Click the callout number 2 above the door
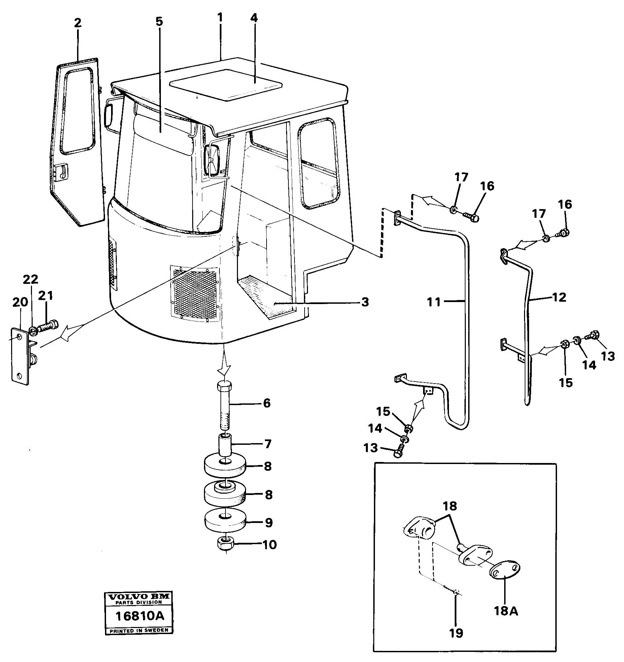(x=78, y=23)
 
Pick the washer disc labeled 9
(x=225, y=522)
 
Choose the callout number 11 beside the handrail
(x=434, y=302)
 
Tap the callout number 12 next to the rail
(x=559, y=297)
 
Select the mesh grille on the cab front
(x=195, y=292)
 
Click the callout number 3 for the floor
(x=365, y=302)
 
